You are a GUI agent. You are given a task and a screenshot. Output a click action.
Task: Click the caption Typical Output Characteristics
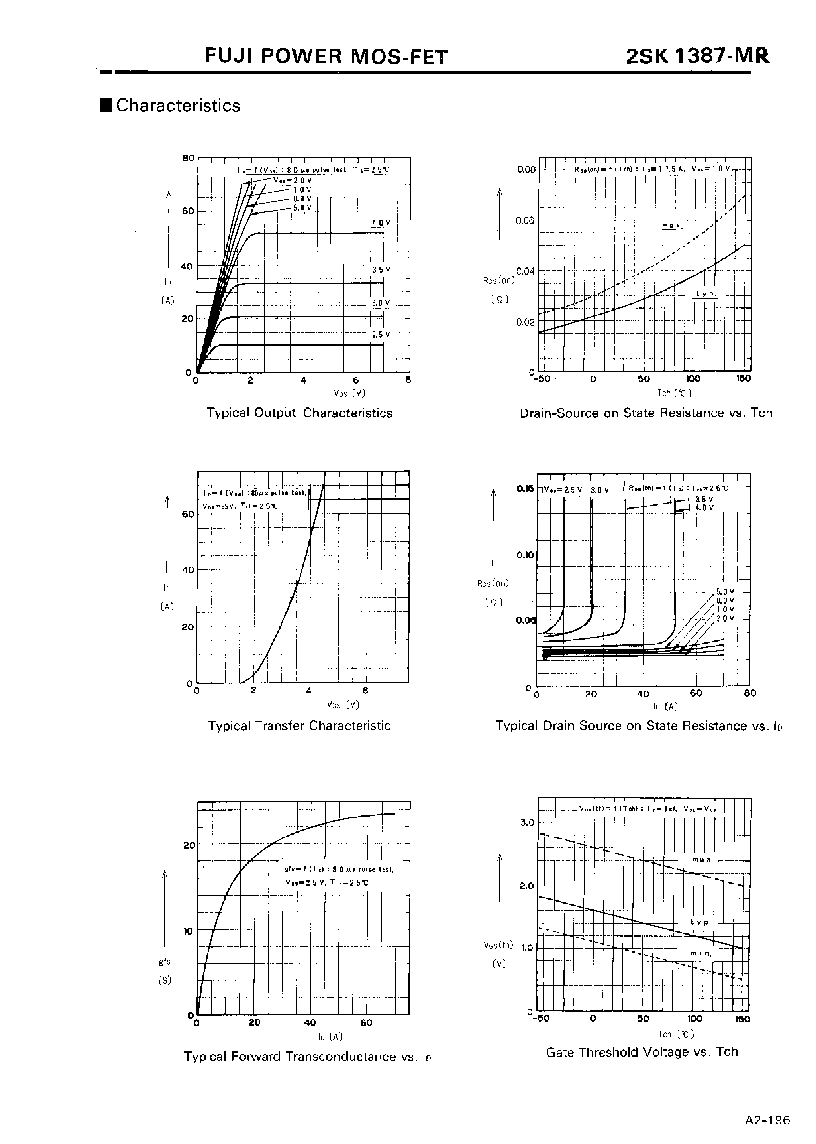point(299,413)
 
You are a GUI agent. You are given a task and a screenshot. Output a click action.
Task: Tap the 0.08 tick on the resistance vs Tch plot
point(526,169)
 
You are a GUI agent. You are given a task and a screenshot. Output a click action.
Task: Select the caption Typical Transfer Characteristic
point(299,726)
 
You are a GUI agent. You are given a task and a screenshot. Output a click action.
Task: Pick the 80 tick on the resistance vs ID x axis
point(750,693)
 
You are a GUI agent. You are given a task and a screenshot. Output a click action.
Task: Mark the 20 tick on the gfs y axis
point(188,845)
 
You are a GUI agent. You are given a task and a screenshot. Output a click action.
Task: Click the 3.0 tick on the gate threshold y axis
point(527,822)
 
